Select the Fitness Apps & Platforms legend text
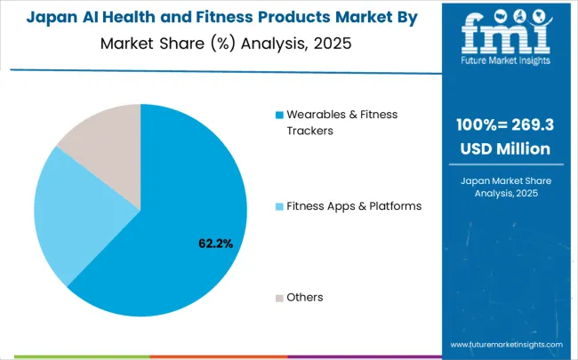354,206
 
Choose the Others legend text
304,297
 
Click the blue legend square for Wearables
279,115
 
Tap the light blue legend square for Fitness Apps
279,206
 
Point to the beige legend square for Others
279,297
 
